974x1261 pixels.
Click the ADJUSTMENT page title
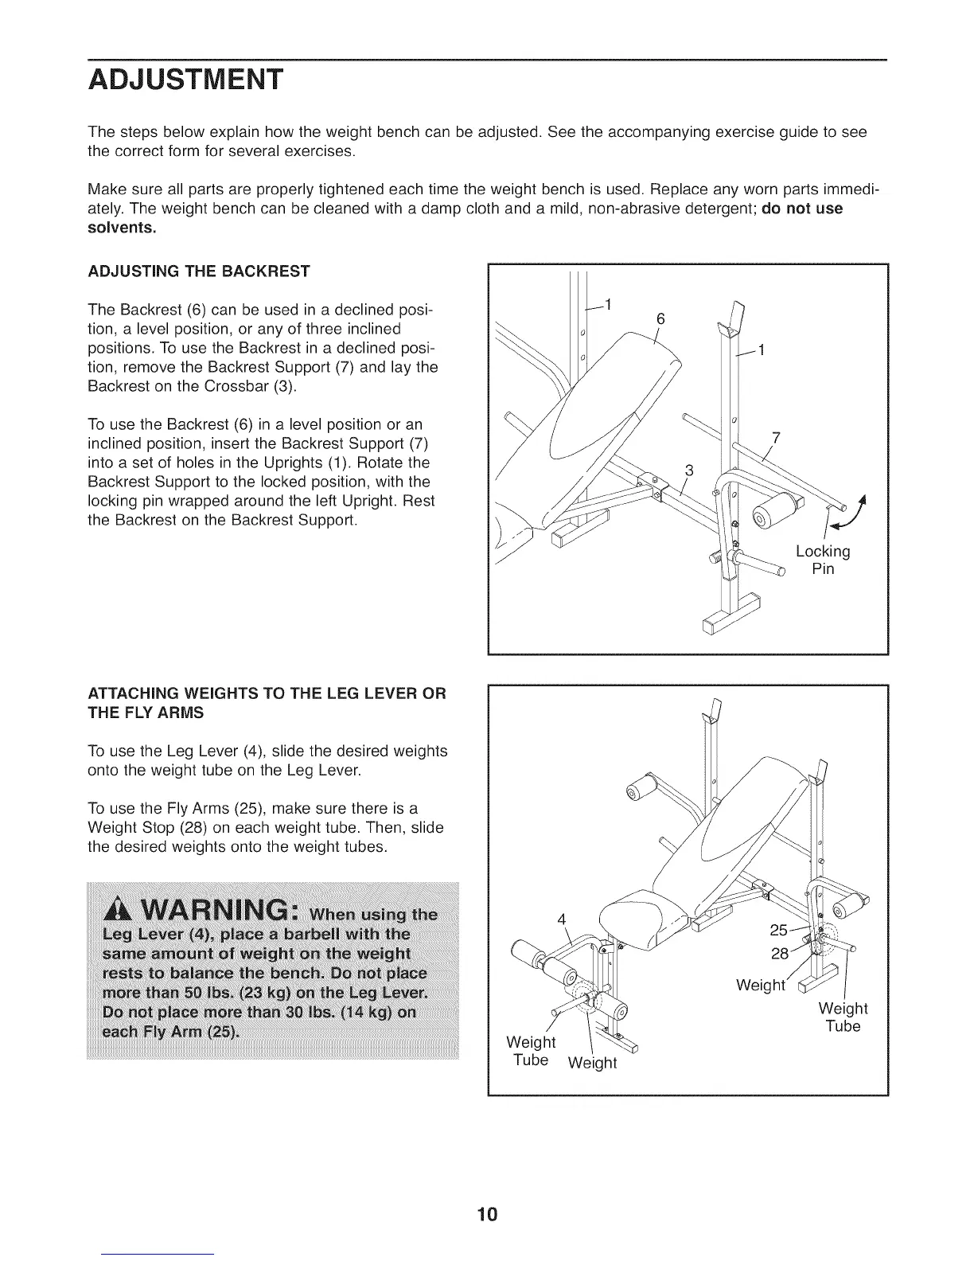(185, 80)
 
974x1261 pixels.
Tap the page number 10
(487, 1214)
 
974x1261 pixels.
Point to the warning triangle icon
(116, 910)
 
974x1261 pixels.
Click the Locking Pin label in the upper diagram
(823, 560)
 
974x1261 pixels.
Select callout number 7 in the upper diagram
(776, 438)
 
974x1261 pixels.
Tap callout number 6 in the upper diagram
(660, 319)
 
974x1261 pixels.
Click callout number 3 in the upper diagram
(689, 470)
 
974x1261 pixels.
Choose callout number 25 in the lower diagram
(779, 930)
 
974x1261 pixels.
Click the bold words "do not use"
(801, 209)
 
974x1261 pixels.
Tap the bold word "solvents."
(122, 228)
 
